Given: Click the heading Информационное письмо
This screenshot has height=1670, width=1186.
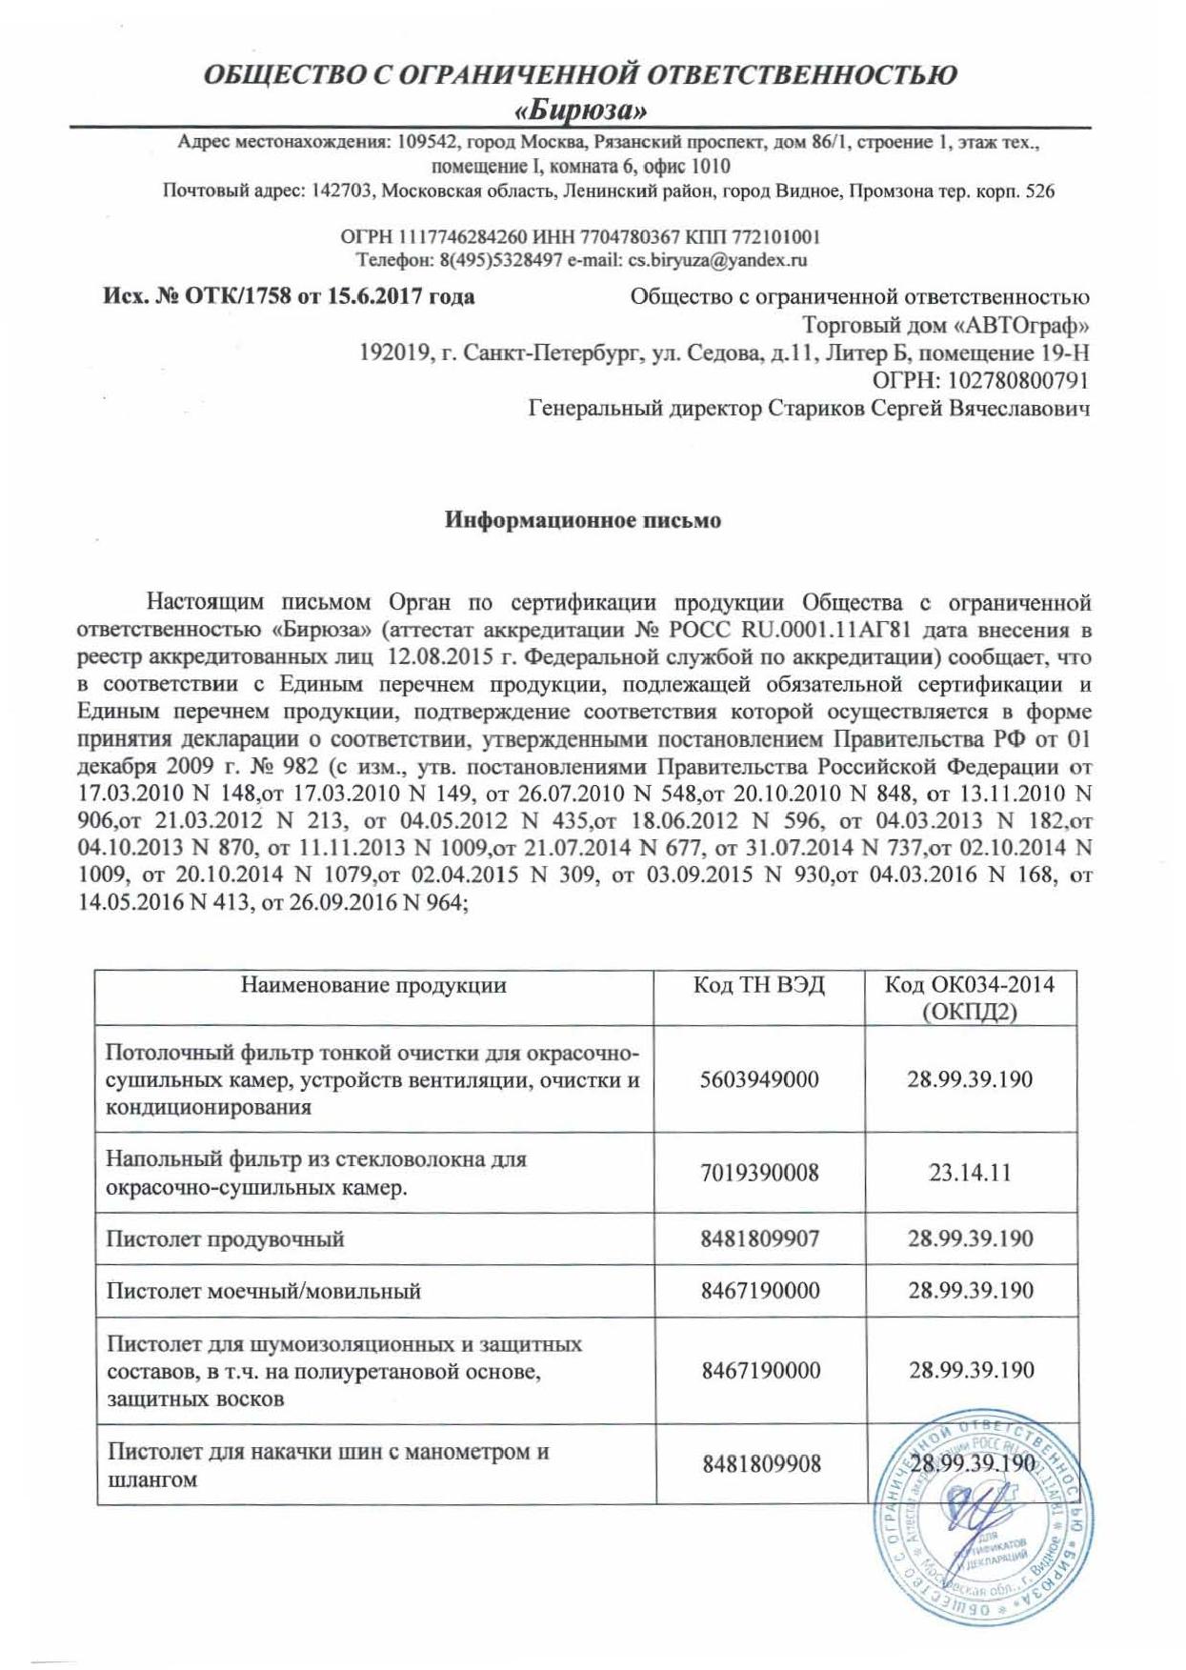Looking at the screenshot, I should pyautogui.click(x=583, y=520).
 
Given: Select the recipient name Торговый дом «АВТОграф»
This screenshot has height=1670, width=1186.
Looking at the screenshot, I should pyautogui.click(x=946, y=325).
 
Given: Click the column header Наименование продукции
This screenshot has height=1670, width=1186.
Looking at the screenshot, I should pyautogui.click(x=373, y=984).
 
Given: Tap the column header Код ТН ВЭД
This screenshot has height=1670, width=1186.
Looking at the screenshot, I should pyautogui.click(x=758, y=984).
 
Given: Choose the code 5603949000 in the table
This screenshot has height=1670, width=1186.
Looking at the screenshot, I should pyautogui.click(x=759, y=1079).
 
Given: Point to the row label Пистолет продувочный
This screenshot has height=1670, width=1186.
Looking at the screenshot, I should pyautogui.click(x=225, y=1238).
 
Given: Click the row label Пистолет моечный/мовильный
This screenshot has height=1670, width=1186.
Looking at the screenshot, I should pyautogui.click(x=264, y=1292).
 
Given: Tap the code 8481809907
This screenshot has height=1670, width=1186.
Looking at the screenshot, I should pyautogui.click(x=759, y=1238).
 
